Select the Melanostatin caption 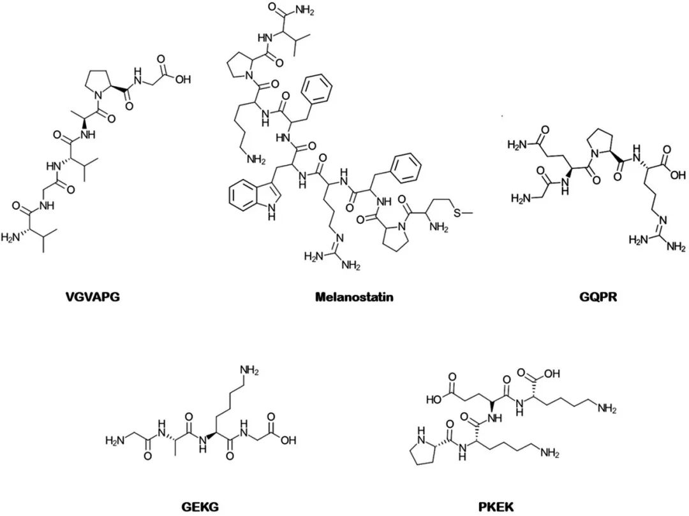tap(354, 297)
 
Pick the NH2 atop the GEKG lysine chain tap(249, 371)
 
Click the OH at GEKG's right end tap(288, 439)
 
